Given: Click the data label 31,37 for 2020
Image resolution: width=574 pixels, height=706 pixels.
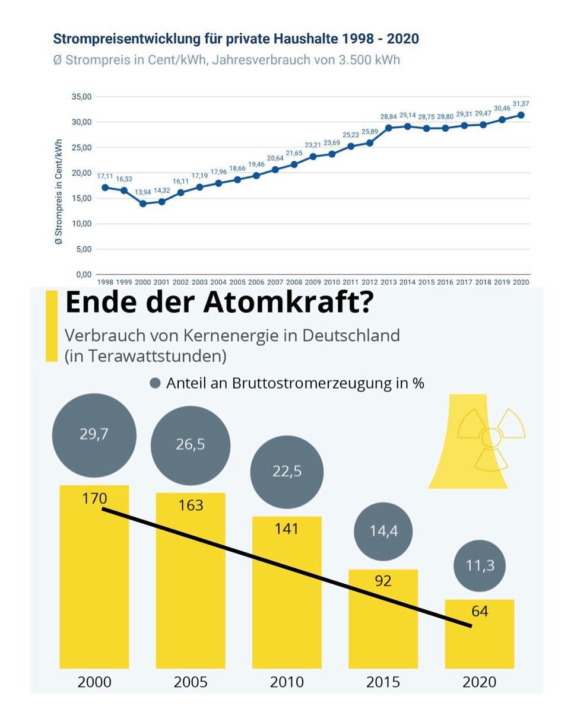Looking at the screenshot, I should point(521,104).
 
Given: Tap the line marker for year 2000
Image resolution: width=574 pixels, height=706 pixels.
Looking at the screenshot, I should point(143,203).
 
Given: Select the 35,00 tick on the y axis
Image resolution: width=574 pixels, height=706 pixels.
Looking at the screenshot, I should point(81,97).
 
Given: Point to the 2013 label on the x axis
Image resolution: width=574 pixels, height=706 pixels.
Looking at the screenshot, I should point(388,282).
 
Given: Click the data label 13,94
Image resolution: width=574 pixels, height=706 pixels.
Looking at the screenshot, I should point(143,192).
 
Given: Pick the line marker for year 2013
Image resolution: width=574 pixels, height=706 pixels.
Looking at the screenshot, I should point(388,128).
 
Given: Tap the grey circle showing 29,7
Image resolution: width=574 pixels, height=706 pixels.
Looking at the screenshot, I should point(94,434).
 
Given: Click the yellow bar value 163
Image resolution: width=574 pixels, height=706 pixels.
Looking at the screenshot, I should point(191,505).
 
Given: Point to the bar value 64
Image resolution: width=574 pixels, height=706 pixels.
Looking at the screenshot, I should point(480,611).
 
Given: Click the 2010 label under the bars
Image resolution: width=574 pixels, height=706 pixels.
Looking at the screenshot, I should point(287,682).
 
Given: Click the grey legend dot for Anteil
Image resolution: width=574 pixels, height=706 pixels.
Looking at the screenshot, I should point(156,383).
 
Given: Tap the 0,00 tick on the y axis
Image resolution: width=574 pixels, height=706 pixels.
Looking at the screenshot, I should point(82,274).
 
